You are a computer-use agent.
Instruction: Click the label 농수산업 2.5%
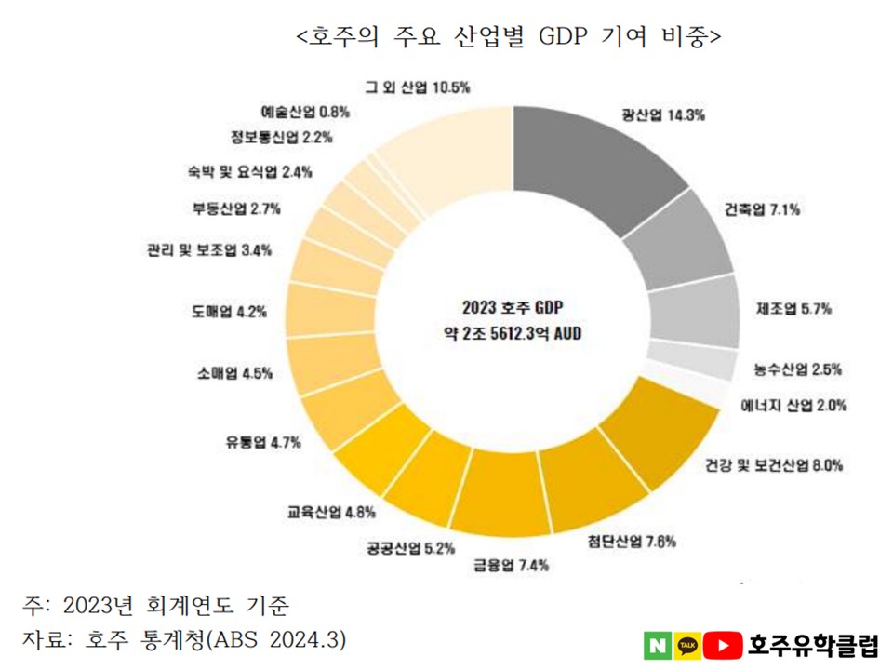click(x=799, y=368)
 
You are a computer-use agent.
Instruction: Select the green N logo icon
click(x=657, y=645)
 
